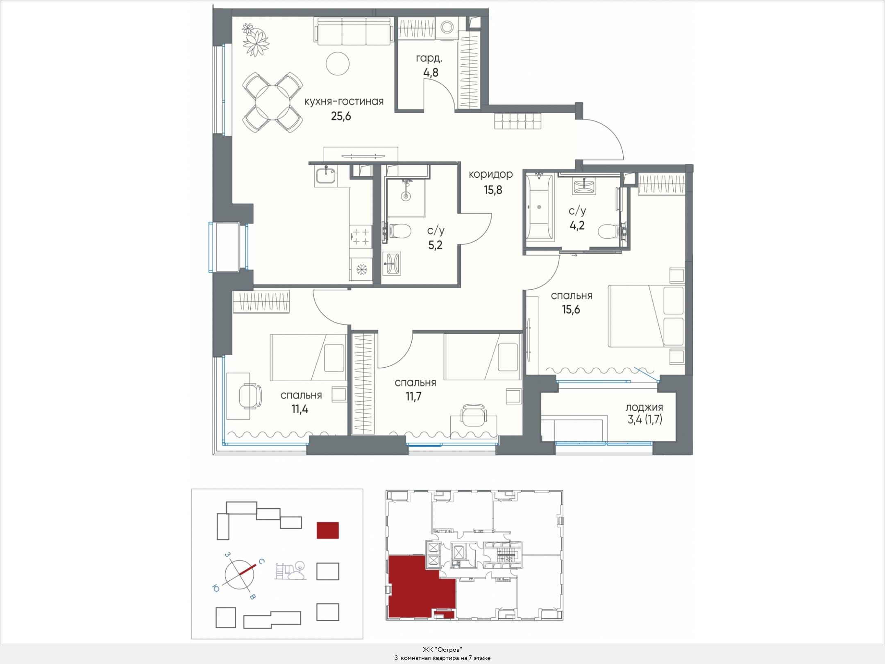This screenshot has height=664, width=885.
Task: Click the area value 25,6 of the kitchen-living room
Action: pos(341,116)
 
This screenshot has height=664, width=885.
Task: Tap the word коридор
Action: pos(490,175)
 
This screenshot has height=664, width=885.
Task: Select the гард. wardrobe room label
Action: pos(429,59)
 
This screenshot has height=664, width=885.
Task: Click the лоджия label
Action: pos(644,407)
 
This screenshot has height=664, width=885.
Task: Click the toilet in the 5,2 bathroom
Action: pos(398,231)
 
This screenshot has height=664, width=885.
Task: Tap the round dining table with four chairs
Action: pos(272,102)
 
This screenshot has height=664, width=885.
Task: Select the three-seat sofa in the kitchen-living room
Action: pos(355,31)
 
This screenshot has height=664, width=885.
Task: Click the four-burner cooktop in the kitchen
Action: pos(361,236)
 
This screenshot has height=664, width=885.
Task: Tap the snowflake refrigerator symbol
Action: pos(361,270)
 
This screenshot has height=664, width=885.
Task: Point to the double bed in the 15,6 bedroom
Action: pos(647,316)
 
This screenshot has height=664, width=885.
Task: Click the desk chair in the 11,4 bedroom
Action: pos(250,396)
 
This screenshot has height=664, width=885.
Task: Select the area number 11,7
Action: pos(414,397)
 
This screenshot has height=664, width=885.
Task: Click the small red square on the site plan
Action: pos(328,530)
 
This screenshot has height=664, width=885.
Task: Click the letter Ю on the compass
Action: pos(216,589)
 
